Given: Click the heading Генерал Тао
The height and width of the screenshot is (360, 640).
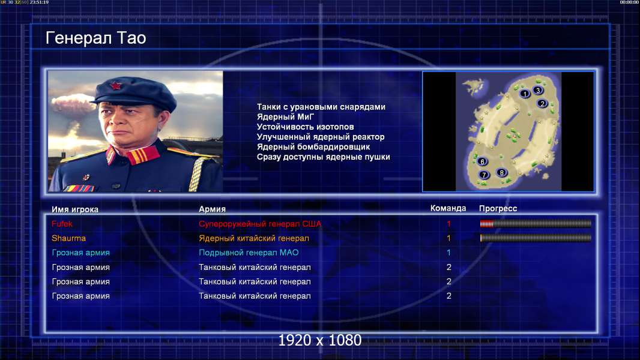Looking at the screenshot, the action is point(95,38).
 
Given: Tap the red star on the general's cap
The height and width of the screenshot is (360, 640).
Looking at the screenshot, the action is point(116,85).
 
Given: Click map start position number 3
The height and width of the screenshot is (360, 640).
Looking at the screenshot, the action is point(538,90).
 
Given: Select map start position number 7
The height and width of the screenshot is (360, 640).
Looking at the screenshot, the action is point(484,175).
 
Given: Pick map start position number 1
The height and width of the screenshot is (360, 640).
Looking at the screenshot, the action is point(525,94).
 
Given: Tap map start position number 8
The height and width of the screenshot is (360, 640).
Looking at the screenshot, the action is point(502,172).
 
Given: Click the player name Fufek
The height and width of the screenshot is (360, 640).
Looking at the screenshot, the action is point(62,224).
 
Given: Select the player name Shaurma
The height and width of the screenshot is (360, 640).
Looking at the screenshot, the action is point(68,238).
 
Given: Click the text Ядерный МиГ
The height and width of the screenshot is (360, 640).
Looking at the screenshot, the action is point(285,116).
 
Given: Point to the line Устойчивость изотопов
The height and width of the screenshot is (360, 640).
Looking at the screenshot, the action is point(306,127).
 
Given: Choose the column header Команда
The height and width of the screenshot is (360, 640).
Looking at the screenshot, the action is point(448,208).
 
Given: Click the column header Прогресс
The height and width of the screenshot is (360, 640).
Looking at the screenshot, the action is point(498,208).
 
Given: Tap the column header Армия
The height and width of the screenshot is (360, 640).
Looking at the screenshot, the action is point(213,209).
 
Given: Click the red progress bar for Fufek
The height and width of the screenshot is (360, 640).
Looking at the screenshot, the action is point(486,223).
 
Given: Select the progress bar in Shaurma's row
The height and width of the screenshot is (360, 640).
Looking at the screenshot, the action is point(536,238).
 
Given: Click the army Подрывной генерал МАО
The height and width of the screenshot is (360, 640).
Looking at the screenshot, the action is point(249,253).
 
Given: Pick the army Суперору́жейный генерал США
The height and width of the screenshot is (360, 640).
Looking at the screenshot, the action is point(260,224).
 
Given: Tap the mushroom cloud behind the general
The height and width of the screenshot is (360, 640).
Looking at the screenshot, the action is point(72,104).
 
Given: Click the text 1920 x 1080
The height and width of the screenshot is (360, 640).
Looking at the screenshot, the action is point(320,340).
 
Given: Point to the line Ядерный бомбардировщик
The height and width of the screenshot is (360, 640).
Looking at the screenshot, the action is point(313,147).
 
